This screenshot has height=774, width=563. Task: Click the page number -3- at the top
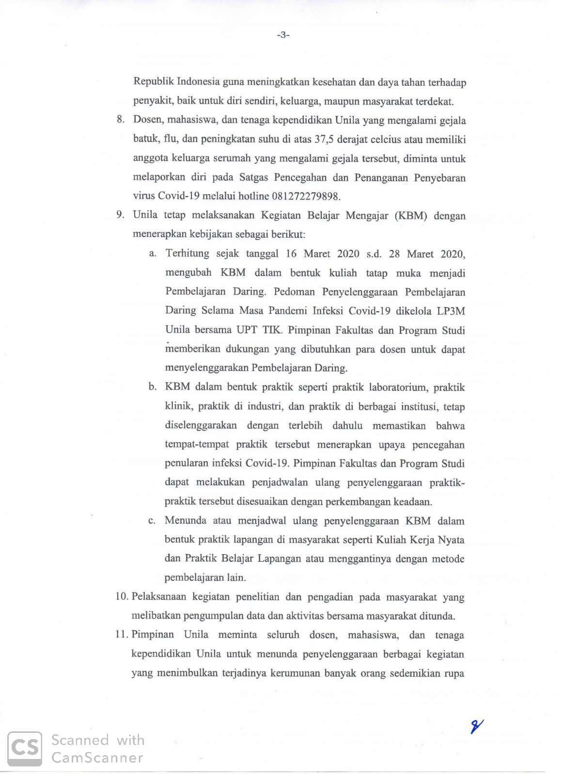click(283, 34)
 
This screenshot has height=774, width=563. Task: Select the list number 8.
click(121, 120)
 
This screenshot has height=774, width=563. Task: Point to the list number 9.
click(121, 215)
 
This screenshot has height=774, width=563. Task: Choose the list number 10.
click(121, 597)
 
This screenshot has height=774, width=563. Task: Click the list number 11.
click(121, 635)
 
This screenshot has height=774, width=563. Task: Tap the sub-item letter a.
click(153, 253)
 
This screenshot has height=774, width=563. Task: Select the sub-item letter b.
click(153, 387)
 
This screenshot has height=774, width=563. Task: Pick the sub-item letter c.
click(152, 521)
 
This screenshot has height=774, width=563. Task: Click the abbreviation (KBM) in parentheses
click(411, 216)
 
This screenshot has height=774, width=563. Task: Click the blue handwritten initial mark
click(477, 726)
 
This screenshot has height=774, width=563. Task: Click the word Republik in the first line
click(152, 82)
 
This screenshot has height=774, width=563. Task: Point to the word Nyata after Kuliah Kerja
click(451, 540)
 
